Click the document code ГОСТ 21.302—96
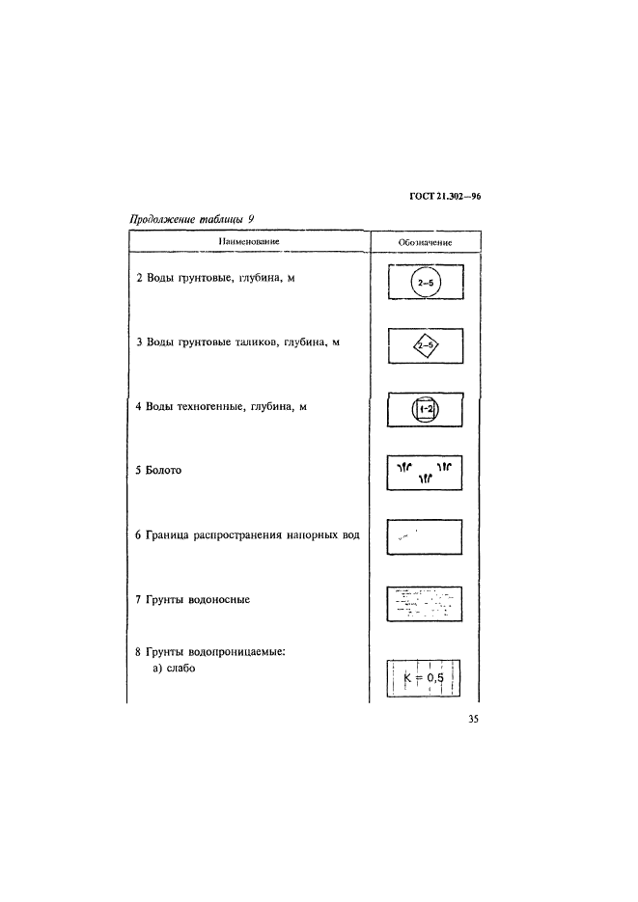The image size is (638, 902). pyautogui.click(x=445, y=196)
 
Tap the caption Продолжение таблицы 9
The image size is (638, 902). pyautogui.click(x=192, y=219)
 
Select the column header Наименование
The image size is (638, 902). pyautogui.click(x=248, y=241)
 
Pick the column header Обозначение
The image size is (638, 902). pyautogui.click(x=425, y=242)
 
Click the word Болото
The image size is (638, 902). pyautogui.click(x=163, y=470)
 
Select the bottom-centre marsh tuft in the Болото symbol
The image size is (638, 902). pyautogui.click(x=425, y=478)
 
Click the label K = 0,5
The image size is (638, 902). pyautogui.click(x=424, y=677)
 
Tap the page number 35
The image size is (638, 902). pyautogui.click(x=474, y=719)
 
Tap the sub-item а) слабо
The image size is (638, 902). pyautogui.click(x=174, y=669)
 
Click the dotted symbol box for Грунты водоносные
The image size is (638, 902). pyautogui.click(x=425, y=604)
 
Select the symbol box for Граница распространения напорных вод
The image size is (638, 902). pyautogui.click(x=425, y=537)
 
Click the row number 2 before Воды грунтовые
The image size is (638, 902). pyautogui.click(x=139, y=278)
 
